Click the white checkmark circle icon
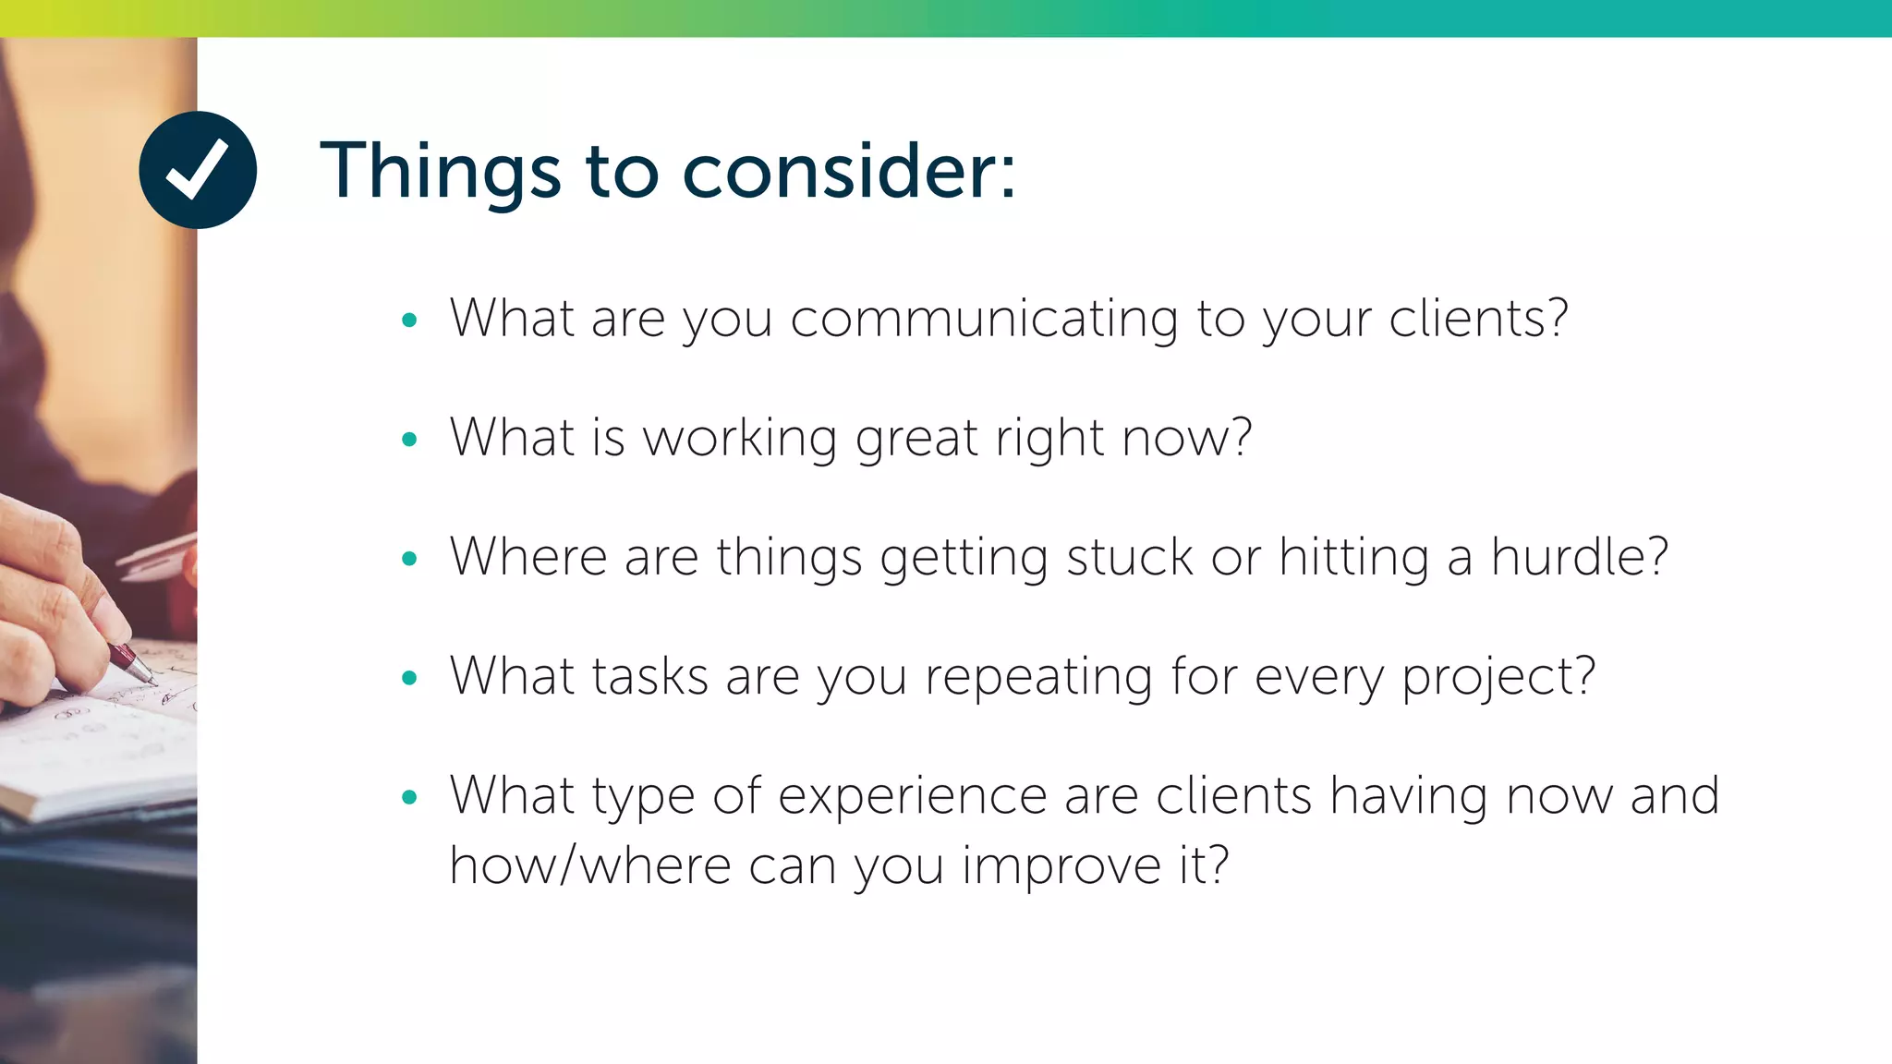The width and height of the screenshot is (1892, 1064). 198,170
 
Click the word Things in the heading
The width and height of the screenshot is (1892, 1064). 440,171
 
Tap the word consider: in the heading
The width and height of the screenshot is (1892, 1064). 848,171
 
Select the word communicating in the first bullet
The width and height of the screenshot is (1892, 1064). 984,319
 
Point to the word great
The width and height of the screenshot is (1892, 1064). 916,438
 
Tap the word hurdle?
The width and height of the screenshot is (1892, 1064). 1580,557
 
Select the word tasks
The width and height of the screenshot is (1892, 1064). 649,676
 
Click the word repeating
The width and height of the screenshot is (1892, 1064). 1039,678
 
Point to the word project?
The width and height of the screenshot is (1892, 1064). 1498,678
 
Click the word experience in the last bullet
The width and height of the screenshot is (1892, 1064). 912,796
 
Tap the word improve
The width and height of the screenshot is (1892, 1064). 1061,866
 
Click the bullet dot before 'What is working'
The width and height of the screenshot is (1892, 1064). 409,440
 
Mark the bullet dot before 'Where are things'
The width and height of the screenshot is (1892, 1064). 409,559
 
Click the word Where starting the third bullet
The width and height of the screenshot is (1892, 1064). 528,557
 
